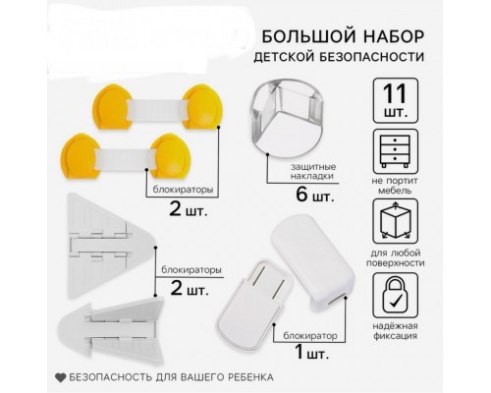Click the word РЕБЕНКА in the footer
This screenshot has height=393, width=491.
pos(245,377)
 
